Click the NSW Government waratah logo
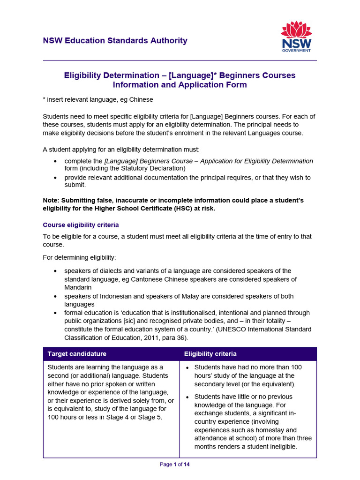coord(296,37)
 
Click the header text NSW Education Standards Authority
coord(115,41)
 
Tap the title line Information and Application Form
coord(180,85)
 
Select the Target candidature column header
coord(77,353)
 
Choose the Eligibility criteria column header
coord(210,353)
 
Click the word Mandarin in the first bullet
coord(78,287)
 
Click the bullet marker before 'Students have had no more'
coord(187,367)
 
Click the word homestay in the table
coord(284,430)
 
